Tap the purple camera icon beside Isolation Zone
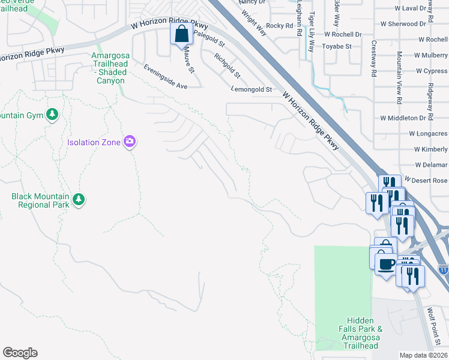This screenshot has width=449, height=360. [129, 142]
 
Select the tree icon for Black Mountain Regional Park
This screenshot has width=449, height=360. [78, 199]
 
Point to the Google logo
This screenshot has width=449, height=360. [20, 353]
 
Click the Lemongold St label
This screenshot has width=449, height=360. [252, 89]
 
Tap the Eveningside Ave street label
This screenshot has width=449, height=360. [165, 77]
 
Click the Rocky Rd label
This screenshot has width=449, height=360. [279, 26]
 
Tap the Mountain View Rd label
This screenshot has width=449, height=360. [399, 76]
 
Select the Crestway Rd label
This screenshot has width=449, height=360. [373, 58]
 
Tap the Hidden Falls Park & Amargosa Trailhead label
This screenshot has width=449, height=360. [360, 333]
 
